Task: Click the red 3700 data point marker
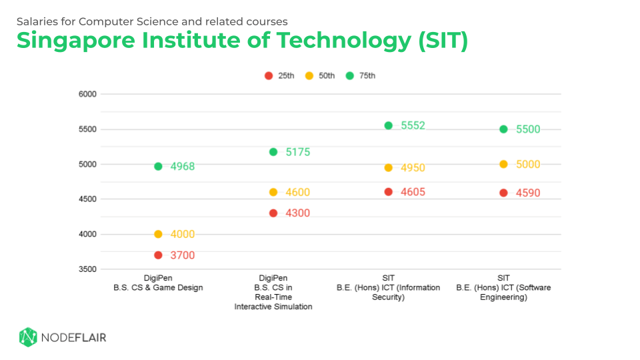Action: (158, 255)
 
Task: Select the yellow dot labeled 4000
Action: (158, 234)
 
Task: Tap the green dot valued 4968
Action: (158, 166)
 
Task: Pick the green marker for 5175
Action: (273, 152)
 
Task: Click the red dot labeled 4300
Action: (273, 213)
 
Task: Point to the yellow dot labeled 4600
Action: (273, 192)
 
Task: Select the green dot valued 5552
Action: (389, 125)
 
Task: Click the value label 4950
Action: (413, 168)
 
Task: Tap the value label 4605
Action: (413, 192)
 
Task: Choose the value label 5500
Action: (528, 129)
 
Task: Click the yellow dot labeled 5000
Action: (503, 164)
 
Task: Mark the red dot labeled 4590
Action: (503, 193)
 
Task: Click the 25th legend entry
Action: (279, 76)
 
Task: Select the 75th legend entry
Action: (361, 76)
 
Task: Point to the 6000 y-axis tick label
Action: (88, 94)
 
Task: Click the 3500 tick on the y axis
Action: (88, 269)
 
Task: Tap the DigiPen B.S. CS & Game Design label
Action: (158, 283)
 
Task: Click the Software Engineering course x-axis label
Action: (503, 287)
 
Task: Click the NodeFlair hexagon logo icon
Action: (27, 337)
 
